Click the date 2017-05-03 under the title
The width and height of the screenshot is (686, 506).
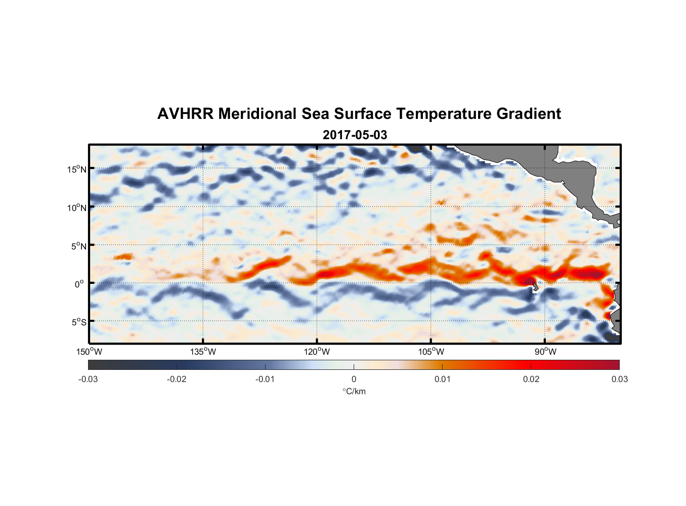(355, 135)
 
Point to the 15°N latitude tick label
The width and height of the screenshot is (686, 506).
(77, 169)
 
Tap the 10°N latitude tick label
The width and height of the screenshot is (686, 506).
(77, 207)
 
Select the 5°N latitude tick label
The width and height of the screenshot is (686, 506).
(78, 246)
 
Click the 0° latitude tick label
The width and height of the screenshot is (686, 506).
(79, 284)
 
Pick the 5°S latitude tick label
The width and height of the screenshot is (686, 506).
(78, 322)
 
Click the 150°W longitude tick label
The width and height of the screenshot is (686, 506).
(89, 352)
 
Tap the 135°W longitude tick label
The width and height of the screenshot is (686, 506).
(203, 352)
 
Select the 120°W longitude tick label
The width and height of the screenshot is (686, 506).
(317, 352)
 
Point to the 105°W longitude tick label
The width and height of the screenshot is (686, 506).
(431, 352)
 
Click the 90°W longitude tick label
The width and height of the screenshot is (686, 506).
(545, 352)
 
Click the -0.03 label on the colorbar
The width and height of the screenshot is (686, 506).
(88, 379)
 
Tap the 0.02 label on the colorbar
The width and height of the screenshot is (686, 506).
(531, 379)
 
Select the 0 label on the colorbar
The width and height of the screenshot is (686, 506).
(354, 379)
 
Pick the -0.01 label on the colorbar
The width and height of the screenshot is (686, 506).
(265, 379)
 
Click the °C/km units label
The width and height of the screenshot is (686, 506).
(354, 391)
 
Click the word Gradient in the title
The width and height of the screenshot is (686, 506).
(529, 114)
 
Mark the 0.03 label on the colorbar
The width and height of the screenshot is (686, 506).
(619, 379)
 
